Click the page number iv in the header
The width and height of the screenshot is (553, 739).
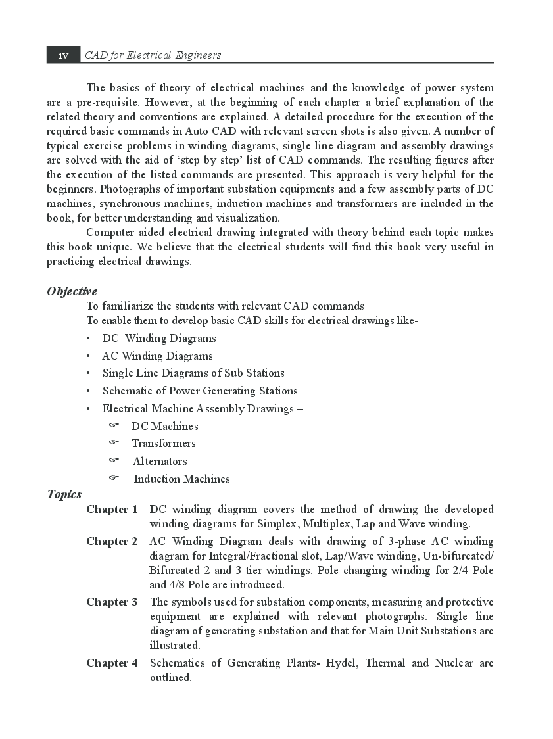pyautogui.click(x=63, y=55)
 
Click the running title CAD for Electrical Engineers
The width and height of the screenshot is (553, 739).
pyautogui.click(x=153, y=55)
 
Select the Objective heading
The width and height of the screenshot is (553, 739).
pyautogui.click(x=72, y=291)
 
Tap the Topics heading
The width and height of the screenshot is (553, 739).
pyautogui.click(x=64, y=494)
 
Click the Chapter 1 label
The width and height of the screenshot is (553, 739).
pyautogui.click(x=112, y=510)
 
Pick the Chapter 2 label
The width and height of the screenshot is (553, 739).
pyautogui.click(x=112, y=542)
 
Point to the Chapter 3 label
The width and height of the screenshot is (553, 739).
pyautogui.click(x=112, y=602)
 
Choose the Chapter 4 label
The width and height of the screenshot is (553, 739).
pyautogui.click(x=112, y=663)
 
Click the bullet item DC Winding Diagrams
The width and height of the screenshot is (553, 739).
pyautogui.click(x=159, y=339)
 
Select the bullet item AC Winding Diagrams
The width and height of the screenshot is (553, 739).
pyautogui.click(x=157, y=356)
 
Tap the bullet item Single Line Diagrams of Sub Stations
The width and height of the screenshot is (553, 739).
pyautogui.click(x=193, y=373)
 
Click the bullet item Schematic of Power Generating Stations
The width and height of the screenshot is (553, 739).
pyautogui.click(x=200, y=391)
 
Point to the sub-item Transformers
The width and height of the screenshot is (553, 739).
pyautogui.click(x=164, y=444)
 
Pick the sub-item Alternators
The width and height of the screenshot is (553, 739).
pyautogui.click(x=160, y=462)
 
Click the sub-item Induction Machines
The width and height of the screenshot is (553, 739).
pyautogui.click(x=181, y=479)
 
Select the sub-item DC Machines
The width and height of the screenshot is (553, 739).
pyautogui.click(x=164, y=427)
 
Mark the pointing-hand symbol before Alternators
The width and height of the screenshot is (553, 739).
pyautogui.click(x=113, y=460)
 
